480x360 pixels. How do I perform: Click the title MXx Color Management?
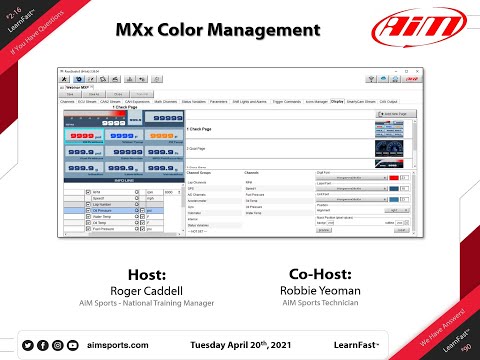click(x=240, y=30)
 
